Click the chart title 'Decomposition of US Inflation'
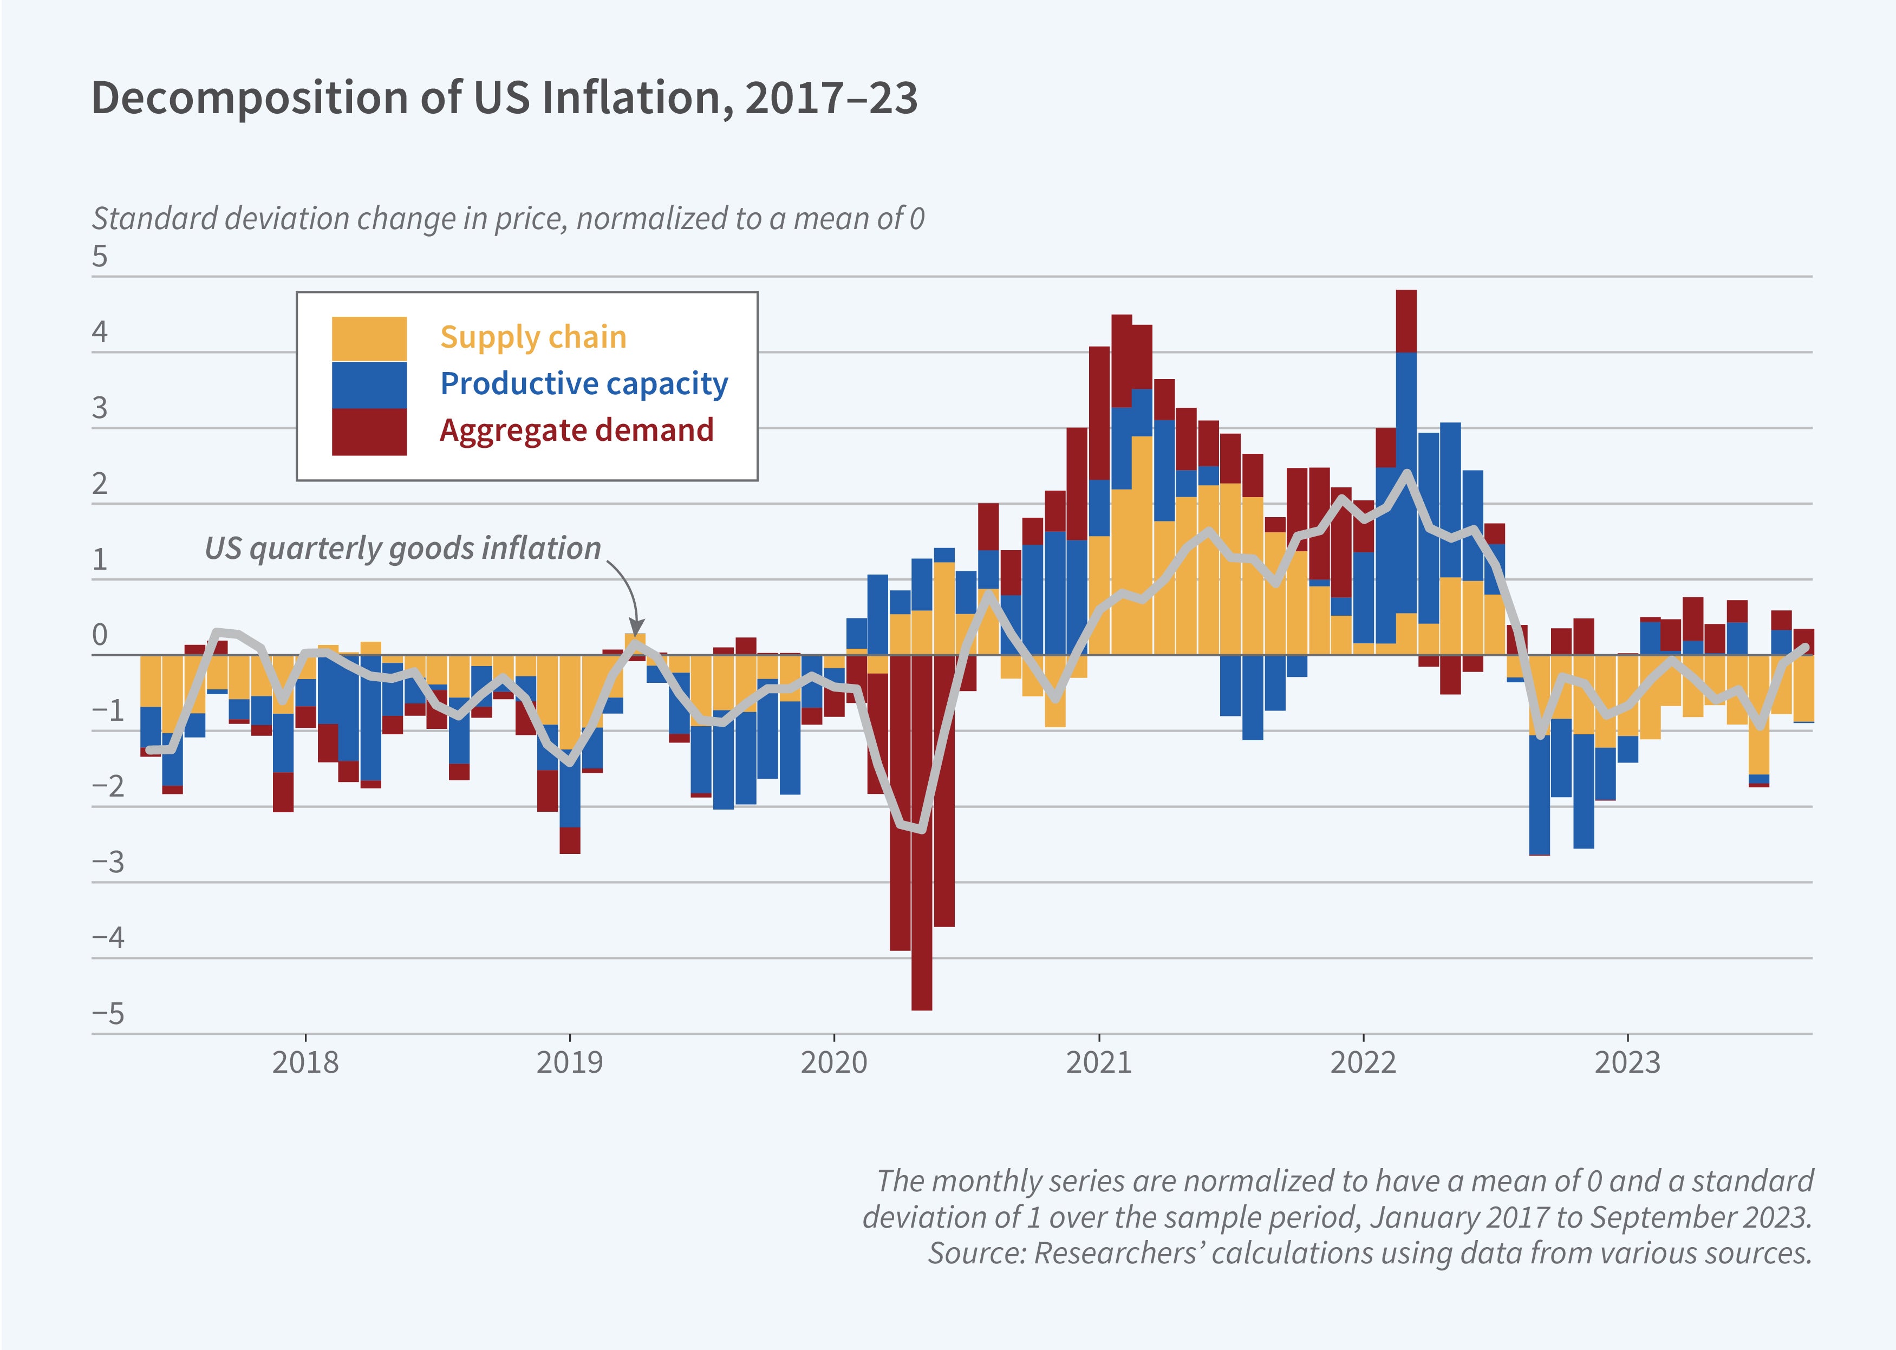[x=504, y=98]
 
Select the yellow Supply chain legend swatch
[x=369, y=338]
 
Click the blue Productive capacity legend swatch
[x=369, y=385]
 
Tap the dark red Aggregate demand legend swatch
[x=369, y=432]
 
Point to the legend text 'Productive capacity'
[x=583, y=384]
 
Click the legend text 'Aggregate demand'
[x=576, y=431]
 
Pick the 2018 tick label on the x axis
[x=305, y=1062]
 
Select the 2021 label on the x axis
[x=1099, y=1062]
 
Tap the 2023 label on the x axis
[x=1627, y=1062]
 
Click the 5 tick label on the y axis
[x=100, y=256]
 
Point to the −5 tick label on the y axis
[x=108, y=1013]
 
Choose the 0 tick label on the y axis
[x=100, y=635]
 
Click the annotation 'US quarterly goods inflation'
[x=402, y=549]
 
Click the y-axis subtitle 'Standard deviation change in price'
[x=507, y=219]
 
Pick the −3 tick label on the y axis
[x=108, y=862]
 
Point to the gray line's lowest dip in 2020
[x=921, y=829]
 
